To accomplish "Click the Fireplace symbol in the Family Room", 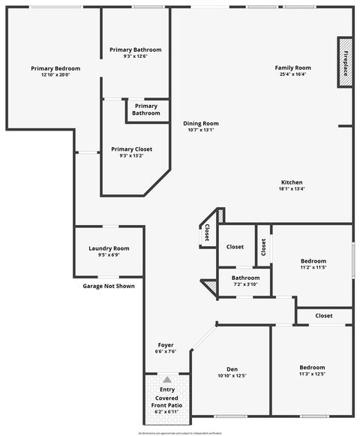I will pos(345,62).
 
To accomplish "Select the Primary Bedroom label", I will pos(55,68).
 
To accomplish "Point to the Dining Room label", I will pos(201,123).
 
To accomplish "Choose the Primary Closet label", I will pos(131,149).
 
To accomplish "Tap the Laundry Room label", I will pos(109,248).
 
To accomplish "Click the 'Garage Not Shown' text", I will pos(109,286).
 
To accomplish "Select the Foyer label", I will pos(165,345).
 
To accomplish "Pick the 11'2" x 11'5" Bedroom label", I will pos(313,263).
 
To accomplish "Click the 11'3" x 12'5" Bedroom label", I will pos(312,368).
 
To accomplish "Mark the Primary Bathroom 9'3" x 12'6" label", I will pos(135,50).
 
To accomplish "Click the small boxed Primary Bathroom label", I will pos(146,110).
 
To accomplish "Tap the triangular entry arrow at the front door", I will pos(166,380).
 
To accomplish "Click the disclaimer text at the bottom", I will pos(180,433).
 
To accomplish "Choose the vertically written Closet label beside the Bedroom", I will pos(264,247).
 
